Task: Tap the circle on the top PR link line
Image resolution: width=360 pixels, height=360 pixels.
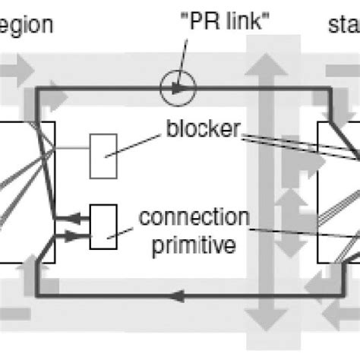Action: (179, 88)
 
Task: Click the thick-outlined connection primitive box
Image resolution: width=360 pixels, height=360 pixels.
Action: (103, 226)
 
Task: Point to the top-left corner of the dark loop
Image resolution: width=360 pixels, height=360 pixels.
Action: (38, 89)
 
